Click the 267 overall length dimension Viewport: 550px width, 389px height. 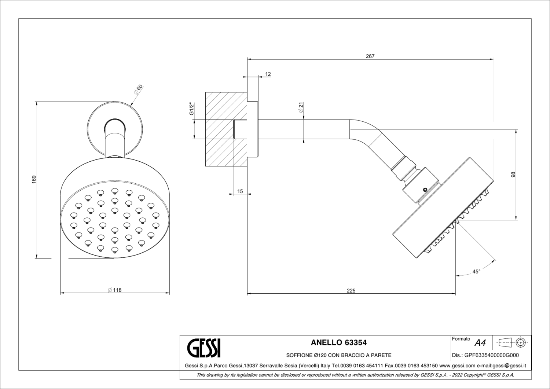pos(370,56)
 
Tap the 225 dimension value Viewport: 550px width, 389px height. pos(351,291)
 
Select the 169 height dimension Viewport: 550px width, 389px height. pos(34,179)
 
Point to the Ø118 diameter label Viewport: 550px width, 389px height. pos(115,290)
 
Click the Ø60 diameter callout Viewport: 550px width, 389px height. pos(139,89)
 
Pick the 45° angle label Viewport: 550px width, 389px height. pos(476,272)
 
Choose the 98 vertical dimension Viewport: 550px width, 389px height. pos(513,175)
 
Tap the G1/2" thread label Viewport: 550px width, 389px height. pos(192,109)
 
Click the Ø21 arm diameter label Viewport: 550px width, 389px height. pos(301,107)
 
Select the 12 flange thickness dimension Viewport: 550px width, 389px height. pos(268,74)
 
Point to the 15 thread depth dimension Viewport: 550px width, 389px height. pos(240,191)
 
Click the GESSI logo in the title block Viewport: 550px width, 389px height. pos(203,348)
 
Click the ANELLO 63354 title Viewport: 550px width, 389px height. pos(339,342)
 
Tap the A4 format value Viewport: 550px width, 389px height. pos(480,343)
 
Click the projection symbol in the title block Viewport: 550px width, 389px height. pos(512,342)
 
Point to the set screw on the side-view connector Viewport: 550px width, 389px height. pos(425,189)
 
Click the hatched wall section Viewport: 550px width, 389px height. pos(226,129)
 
